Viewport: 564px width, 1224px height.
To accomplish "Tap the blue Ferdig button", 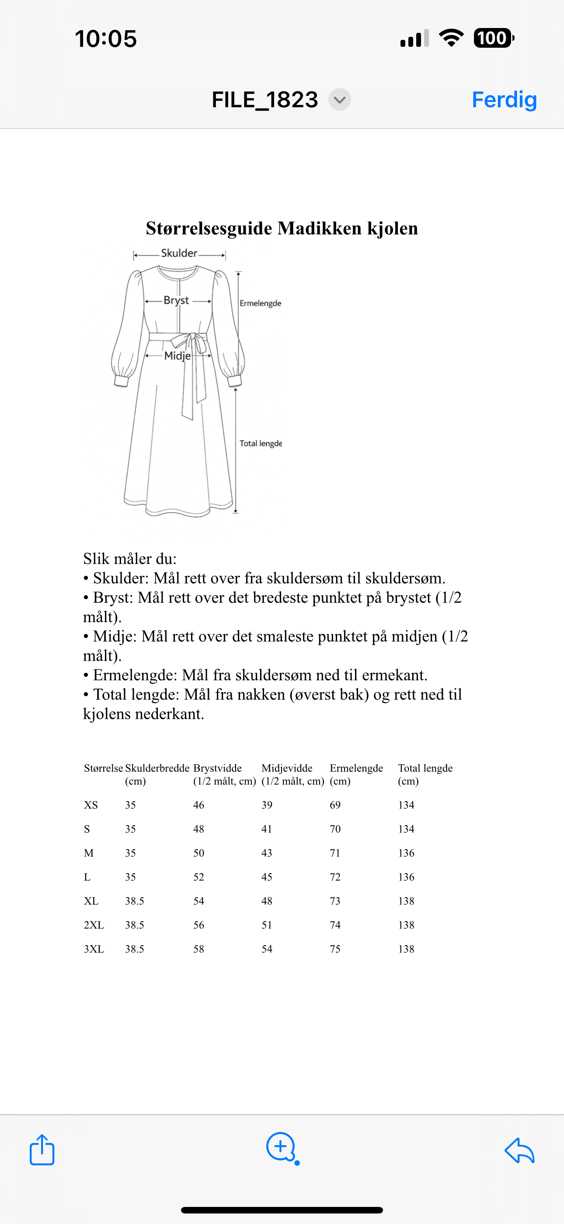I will coord(504,100).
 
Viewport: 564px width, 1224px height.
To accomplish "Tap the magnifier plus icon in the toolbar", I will coord(282,1147).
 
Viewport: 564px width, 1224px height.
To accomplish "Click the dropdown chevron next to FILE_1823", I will coord(339,100).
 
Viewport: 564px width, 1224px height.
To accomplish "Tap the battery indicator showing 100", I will coord(493,38).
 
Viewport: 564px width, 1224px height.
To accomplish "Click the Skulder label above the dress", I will coord(179,253).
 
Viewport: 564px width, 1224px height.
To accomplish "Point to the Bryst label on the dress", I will coord(176,300).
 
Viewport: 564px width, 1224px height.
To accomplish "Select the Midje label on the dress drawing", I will coord(177,355).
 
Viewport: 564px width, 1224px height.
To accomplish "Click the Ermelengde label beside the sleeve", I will coord(260,303).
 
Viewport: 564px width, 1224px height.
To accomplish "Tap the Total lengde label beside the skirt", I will coord(260,443).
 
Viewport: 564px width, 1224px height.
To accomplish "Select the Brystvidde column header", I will coord(217,768).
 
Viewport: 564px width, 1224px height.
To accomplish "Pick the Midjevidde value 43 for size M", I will coord(267,853).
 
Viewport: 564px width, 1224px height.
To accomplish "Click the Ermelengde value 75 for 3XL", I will coord(335,949).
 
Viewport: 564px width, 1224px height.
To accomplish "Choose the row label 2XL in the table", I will coord(94,925).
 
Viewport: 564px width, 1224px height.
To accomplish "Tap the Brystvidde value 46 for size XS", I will coord(198,805).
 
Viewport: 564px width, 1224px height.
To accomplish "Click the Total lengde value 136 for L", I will coord(406,877).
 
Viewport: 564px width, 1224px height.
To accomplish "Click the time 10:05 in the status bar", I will coord(106,39).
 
